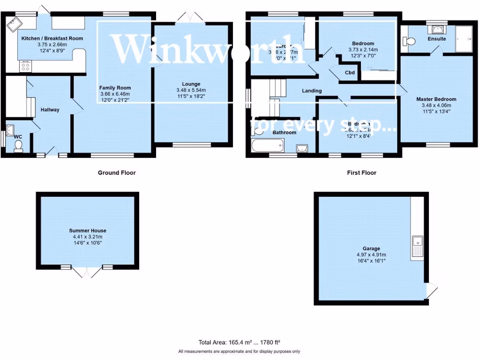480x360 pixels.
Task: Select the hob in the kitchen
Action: (24, 67)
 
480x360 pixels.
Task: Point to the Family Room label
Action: (115, 88)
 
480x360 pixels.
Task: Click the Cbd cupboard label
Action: (350, 73)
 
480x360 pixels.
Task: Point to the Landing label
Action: (312, 90)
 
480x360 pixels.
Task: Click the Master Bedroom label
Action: (436, 99)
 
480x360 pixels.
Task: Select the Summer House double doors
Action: (87, 272)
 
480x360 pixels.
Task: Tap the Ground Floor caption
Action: (117, 173)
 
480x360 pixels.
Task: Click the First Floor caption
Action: (361, 173)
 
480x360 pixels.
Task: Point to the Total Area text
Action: (239, 343)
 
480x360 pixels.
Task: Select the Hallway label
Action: (50, 110)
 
